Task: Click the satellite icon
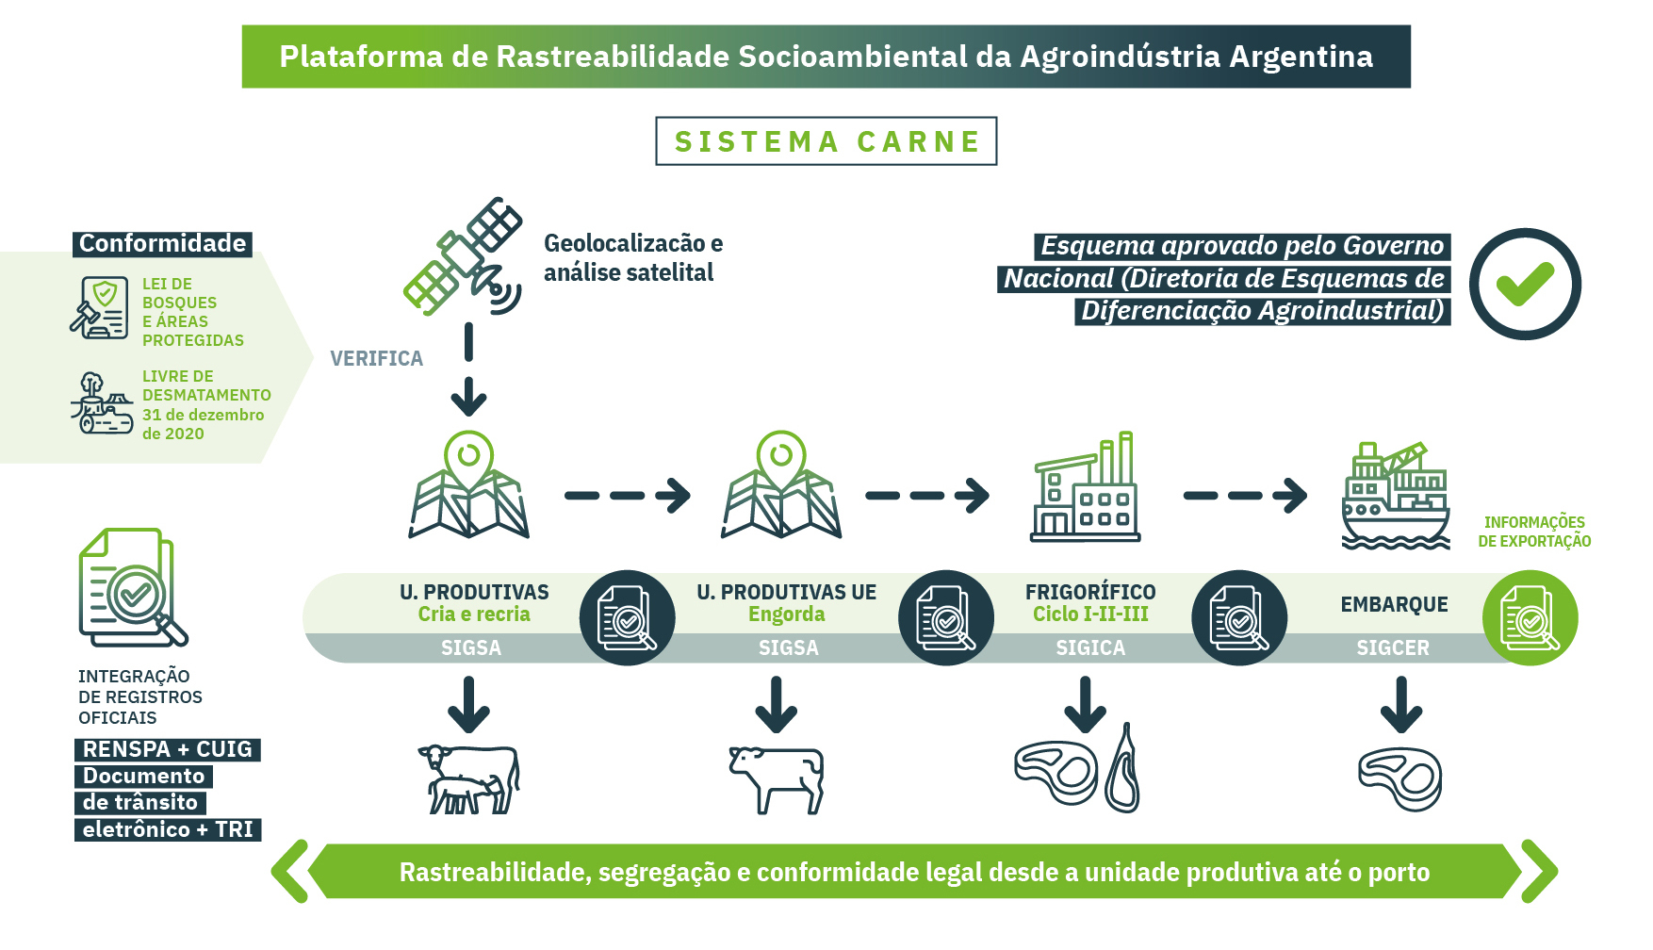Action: pyautogui.click(x=463, y=256)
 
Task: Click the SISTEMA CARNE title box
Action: pyautogui.click(x=826, y=141)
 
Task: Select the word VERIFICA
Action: pyautogui.click(x=377, y=358)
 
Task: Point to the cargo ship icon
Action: pyautogui.click(x=1396, y=496)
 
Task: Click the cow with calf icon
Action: pyautogui.click(x=468, y=778)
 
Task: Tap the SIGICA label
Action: pyautogui.click(x=1090, y=647)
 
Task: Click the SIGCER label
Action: pyautogui.click(x=1393, y=647)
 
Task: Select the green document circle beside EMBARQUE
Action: pyautogui.click(x=1530, y=618)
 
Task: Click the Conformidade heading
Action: pyautogui.click(x=162, y=244)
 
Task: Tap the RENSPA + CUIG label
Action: pyautogui.click(x=168, y=749)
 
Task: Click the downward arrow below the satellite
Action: pyautogui.click(x=468, y=369)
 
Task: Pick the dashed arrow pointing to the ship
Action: pyautogui.click(x=1245, y=496)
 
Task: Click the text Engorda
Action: pyautogui.click(x=787, y=614)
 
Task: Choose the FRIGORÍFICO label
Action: pyautogui.click(x=1090, y=592)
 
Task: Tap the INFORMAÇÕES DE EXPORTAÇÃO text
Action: pyautogui.click(x=1534, y=532)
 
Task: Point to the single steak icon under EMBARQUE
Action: pyautogui.click(x=1400, y=778)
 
